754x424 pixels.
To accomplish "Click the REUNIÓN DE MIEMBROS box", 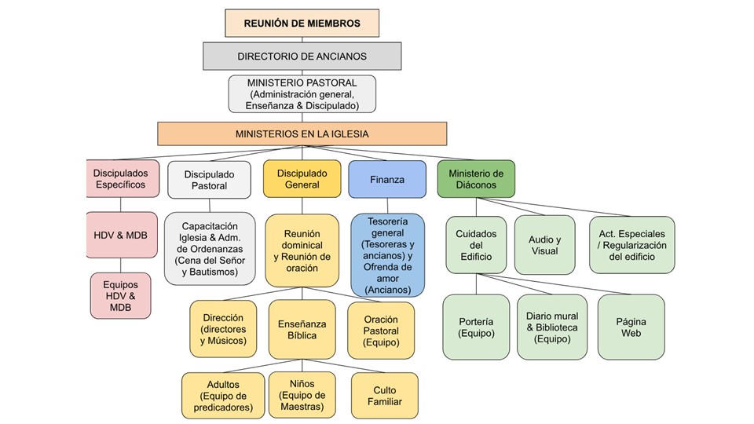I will click(302, 24).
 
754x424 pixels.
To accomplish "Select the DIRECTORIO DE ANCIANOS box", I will click(302, 57).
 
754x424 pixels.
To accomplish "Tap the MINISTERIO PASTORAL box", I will click(302, 93).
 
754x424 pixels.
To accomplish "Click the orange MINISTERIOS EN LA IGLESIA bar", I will click(302, 133).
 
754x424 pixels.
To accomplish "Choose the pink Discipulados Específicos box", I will click(119, 179).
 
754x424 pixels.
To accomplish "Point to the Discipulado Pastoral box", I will click(209, 180).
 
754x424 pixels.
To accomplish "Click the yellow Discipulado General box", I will click(302, 179).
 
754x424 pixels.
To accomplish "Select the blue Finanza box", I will click(386, 179).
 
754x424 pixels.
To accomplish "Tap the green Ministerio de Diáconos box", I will click(476, 179).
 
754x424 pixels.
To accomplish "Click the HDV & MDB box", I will click(120, 235).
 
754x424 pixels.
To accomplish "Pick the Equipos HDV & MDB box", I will click(120, 296).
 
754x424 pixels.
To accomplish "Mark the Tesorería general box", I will click(386, 255).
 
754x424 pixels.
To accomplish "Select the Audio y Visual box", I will click(544, 245).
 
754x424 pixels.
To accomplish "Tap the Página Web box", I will click(631, 327).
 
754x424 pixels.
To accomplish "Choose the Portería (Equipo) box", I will click(476, 327).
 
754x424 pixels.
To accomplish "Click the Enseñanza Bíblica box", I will click(302, 330).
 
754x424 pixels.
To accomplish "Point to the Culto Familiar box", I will click(383, 396).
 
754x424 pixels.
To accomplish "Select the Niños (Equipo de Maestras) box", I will click(302, 395).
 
